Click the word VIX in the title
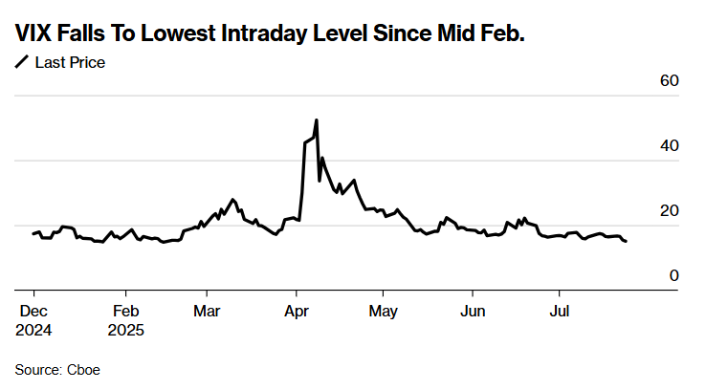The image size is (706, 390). tap(34, 34)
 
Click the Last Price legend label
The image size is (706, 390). tap(70, 63)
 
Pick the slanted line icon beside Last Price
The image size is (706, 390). tap(22, 63)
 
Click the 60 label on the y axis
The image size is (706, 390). tap(669, 80)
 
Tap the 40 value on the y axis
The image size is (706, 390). tap(669, 145)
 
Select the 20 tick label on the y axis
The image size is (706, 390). tap(669, 210)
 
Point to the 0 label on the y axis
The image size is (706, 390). tap(673, 275)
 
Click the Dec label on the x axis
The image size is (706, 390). tap(33, 312)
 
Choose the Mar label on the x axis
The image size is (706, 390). tap(207, 312)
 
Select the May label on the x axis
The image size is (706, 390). tap(384, 312)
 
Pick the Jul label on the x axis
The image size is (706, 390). tap(561, 312)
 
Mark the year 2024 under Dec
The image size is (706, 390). tap(33, 330)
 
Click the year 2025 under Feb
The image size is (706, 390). tap(126, 330)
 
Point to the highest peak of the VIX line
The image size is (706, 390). tap(316, 120)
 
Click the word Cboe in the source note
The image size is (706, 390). tap(83, 368)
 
